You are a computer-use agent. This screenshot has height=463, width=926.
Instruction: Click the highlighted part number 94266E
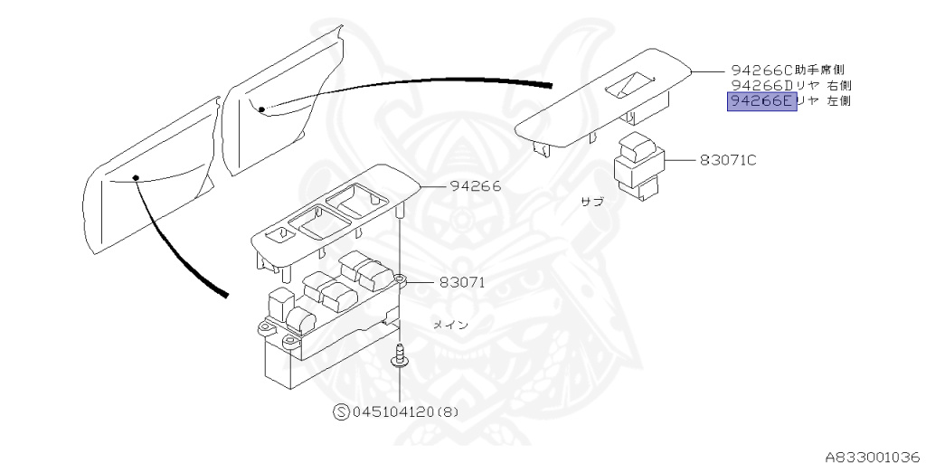761,101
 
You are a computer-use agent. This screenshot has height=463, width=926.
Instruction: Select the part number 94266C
761,69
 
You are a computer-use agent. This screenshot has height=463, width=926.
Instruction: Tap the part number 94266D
761,85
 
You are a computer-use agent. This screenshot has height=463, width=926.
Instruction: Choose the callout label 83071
463,281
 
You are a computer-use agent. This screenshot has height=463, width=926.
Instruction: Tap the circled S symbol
341,411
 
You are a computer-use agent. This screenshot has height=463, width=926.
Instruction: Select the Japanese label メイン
449,325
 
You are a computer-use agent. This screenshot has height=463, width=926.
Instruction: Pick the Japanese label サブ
591,203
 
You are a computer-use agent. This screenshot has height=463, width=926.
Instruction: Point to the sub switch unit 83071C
638,165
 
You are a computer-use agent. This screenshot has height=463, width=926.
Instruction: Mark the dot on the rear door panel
260,109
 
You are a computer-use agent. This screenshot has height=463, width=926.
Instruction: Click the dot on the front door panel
134,177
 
